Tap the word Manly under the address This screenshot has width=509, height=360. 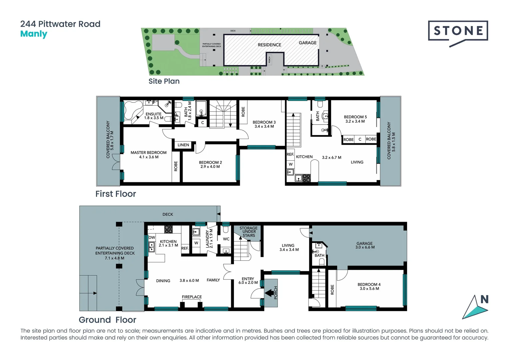click(x=34, y=34)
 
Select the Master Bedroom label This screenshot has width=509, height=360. click(x=149, y=153)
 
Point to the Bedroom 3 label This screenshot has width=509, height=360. click(x=264, y=122)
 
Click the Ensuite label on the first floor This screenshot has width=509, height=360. click(x=154, y=114)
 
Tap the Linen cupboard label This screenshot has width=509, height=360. click(x=183, y=145)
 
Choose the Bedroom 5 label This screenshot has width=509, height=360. click(x=355, y=117)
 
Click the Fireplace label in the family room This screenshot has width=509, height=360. click(x=192, y=297)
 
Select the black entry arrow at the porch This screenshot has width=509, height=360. click(x=268, y=293)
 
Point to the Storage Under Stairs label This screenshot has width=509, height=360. click(x=249, y=232)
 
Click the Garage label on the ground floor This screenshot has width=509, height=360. click(x=364, y=244)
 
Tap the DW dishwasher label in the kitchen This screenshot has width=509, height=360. click(x=152, y=238)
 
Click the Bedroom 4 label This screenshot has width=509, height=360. click(x=369, y=285)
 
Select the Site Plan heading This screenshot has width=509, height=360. click(x=164, y=81)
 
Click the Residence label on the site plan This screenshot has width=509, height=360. click(x=269, y=45)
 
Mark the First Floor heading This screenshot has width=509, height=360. click(x=116, y=194)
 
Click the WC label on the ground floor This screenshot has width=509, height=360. click(x=226, y=239)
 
